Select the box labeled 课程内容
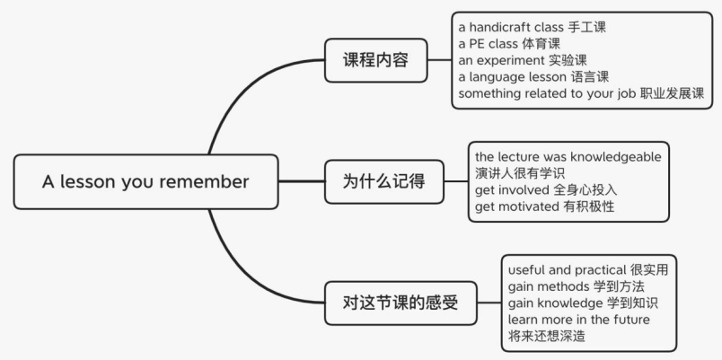pos(375,60)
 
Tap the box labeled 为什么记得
pos(383,181)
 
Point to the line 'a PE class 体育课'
pos(508,44)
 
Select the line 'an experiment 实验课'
pos(516,60)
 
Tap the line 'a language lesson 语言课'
pos(528,77)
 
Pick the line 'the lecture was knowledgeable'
pos(568,156)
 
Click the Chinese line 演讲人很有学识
pos(520,172)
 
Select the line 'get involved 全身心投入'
pos(546,189)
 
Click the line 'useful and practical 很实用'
pos(587,269)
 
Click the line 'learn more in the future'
pos(578,320)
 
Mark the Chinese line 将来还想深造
pos(547,336)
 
